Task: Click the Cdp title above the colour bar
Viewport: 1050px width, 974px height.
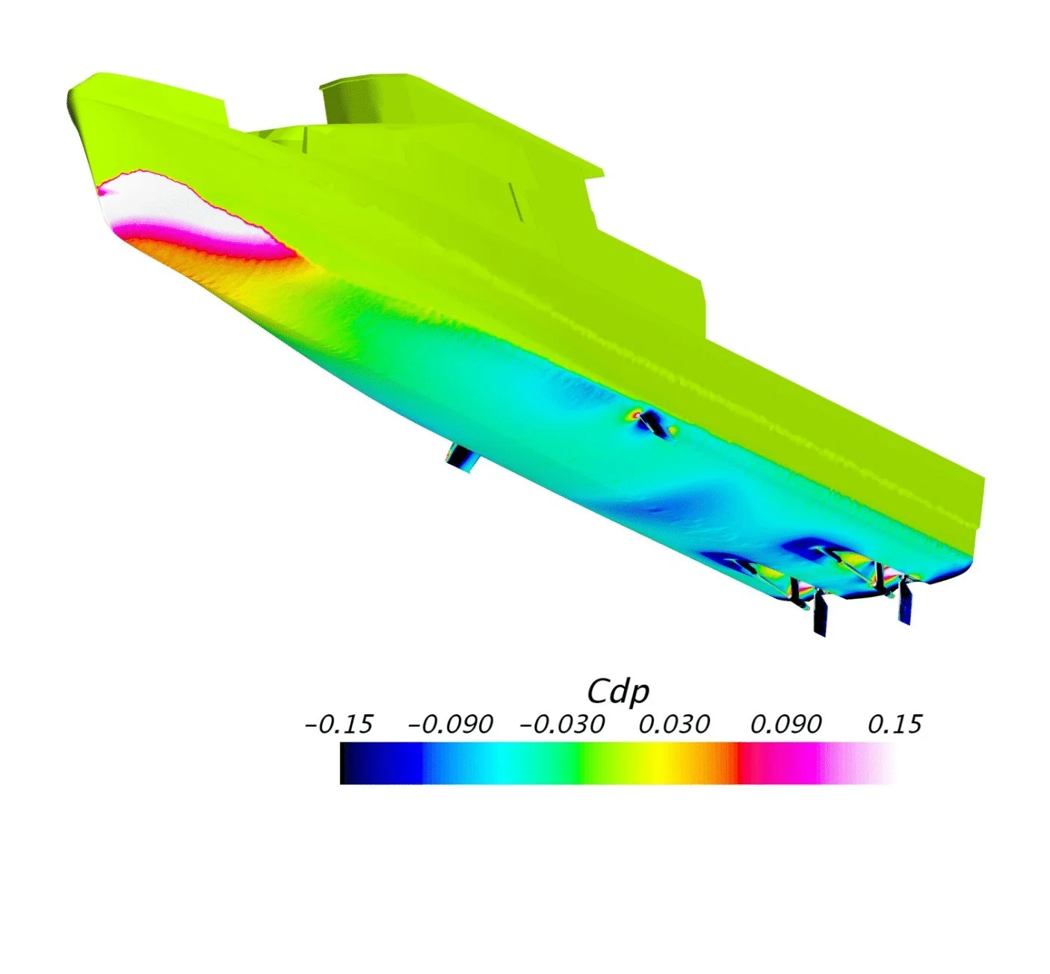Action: (617, 692)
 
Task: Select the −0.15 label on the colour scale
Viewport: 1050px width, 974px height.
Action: (339, 725)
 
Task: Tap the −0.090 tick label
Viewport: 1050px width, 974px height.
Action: (451, 725)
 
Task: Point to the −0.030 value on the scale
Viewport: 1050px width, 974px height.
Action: (561, 725)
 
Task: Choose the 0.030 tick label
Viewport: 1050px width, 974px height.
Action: (674, 725)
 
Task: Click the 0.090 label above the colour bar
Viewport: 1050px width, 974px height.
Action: (786, 725)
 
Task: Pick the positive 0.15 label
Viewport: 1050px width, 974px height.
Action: (895, 725)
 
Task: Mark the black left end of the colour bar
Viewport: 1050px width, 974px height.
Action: (344, 763)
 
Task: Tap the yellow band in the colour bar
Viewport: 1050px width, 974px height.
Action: (658, 763)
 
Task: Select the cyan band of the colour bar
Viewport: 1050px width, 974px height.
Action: (507, 763)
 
